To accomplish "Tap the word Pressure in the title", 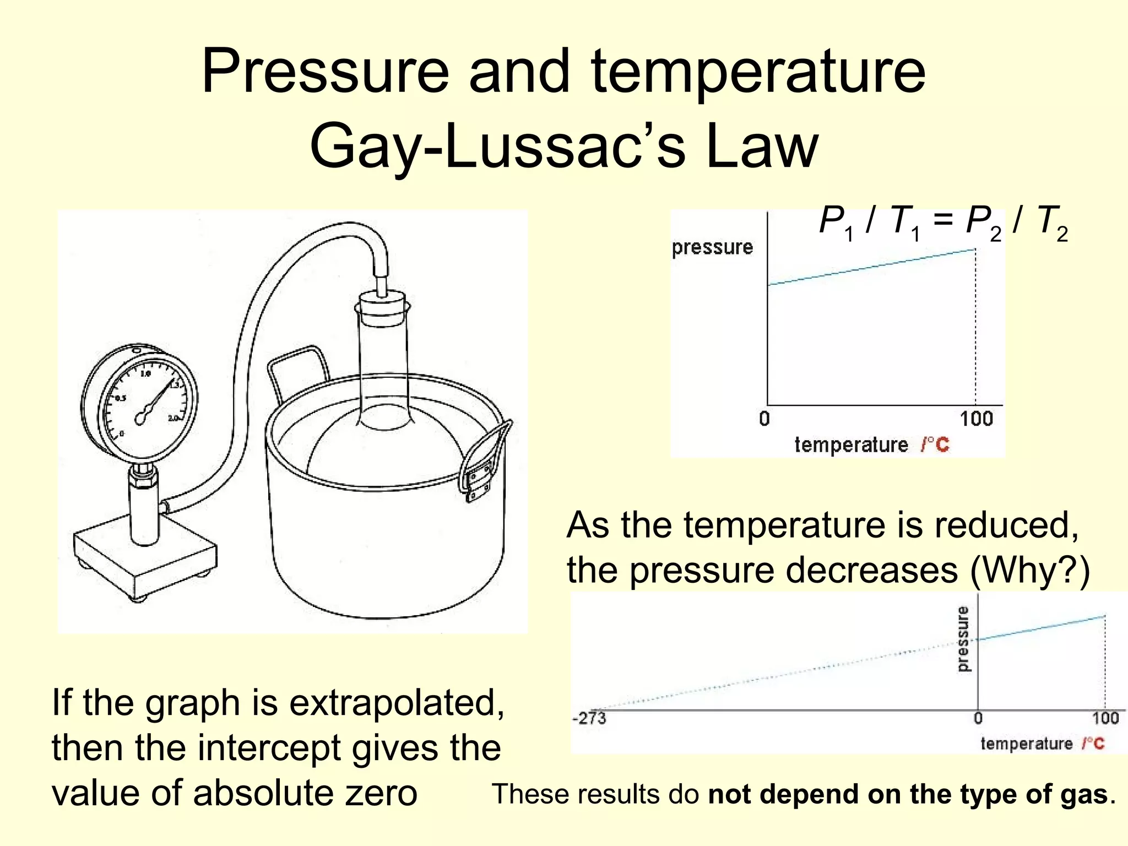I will [325, 72].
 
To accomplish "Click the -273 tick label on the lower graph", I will [589, 718].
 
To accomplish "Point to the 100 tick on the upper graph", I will [976, 419].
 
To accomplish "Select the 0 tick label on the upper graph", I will [764, 419].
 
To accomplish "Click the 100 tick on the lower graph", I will [1105, 718].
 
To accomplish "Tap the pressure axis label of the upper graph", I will [712, 247].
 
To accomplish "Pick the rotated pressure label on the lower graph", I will [962, 639].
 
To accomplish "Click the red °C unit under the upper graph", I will [936, 444].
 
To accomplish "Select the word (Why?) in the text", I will [1029, 571].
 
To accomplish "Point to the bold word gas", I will [1086, 794].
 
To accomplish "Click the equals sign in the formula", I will [943, 221].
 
